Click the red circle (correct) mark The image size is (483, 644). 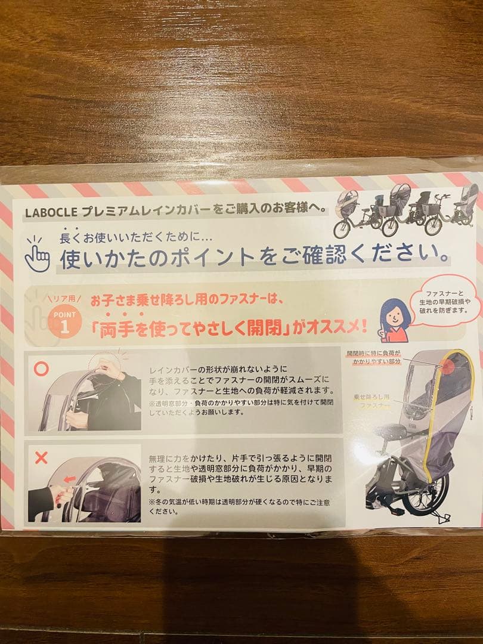(42, 369)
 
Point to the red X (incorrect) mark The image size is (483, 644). (42, 458)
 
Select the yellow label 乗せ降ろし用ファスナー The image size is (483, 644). (373, 400)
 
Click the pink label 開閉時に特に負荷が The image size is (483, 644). (374, 357)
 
